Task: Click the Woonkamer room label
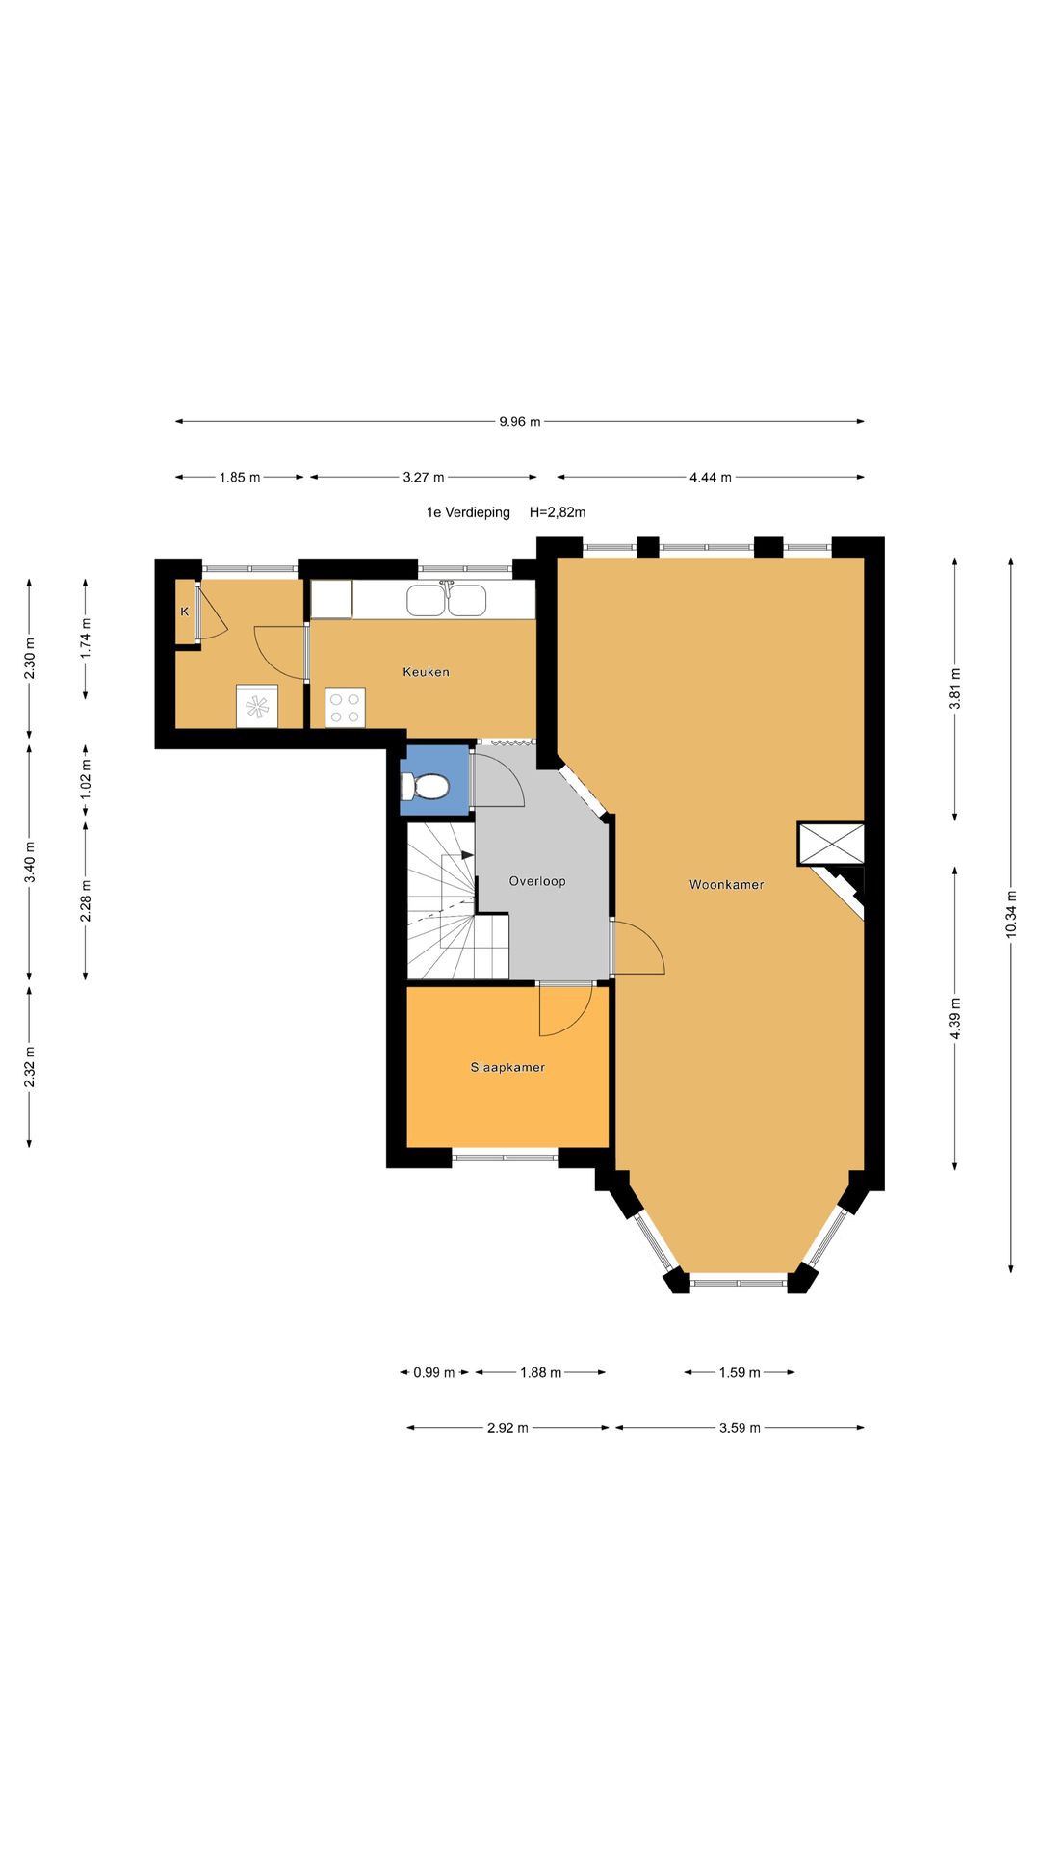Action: (726, 884)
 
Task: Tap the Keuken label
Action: (426, 672)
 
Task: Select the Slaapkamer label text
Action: (507, 1067)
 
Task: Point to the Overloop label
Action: (537, 881)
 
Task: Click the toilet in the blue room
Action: (425, 787)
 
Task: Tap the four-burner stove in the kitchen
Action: (345, 707)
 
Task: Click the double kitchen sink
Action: (446, 600)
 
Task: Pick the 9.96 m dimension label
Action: (520, 421)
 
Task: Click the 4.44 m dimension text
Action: (711, 477)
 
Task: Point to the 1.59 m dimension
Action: (740, 1372)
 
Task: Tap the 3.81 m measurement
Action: (954, 689)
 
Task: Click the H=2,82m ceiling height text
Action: (558, 512)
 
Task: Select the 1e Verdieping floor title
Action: (468, 512)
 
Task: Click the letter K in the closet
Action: (185, 612)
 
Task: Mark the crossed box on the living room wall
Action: (831, 844)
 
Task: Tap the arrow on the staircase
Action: (468, 854)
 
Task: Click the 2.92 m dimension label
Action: (507, 1428)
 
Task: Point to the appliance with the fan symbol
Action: (257, 707)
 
